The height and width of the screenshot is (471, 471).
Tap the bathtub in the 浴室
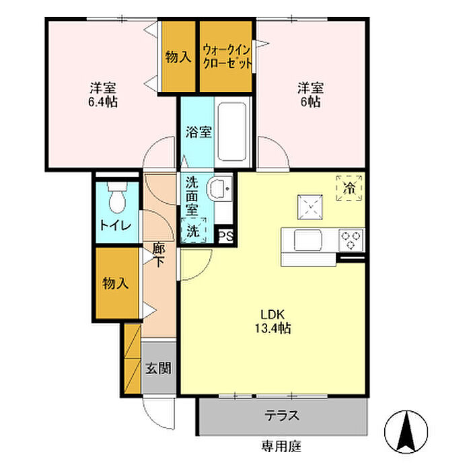click(231, 132)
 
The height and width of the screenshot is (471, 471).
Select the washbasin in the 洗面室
click(219, 189)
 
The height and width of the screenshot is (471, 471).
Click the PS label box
click(225, 236)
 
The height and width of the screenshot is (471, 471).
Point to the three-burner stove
click(351, 240)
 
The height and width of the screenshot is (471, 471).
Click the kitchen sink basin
click(308, 240)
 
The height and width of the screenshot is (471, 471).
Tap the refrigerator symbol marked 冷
click(349, 188)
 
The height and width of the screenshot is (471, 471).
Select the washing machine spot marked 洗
click(194, 230)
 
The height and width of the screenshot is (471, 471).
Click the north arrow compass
click(406, 432)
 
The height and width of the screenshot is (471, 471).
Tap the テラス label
click(282, 416)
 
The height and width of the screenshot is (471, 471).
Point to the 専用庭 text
click(281, 446)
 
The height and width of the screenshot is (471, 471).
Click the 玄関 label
click(159, 368)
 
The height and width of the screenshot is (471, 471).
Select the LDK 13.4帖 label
click(273, 322)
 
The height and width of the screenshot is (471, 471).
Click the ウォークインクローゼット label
click(227, 57)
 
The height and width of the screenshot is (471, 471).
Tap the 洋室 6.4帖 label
click(103, 95)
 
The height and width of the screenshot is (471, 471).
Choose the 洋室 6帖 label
click(311, 95)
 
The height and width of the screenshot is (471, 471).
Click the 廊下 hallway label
click(158, 255)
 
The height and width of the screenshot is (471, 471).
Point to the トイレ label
click(116, 225)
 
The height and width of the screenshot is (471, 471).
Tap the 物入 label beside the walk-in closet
click(178, 57)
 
